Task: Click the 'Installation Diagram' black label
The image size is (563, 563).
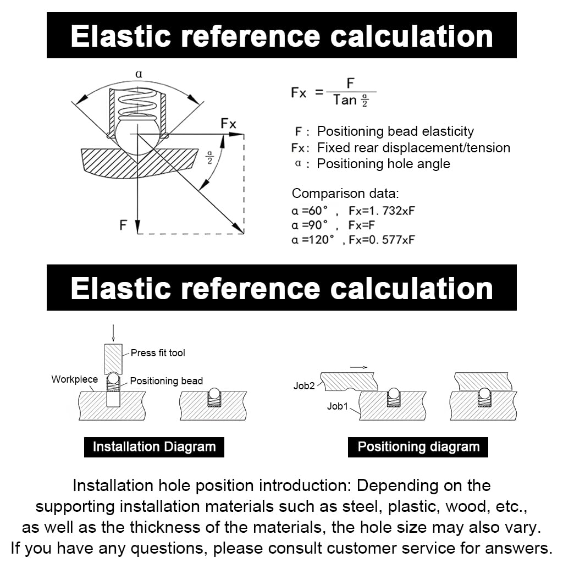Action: [x=154, y=446]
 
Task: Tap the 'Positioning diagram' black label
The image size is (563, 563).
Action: [x=418, y=446]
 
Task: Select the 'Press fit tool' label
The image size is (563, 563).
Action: [x=158, y=353]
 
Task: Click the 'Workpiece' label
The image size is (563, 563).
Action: [x=74, y=379]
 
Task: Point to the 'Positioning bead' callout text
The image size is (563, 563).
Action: [x=166, y=381]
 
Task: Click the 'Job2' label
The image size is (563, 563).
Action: [x=304, y=386]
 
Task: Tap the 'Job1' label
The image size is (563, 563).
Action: [x=338, y=406]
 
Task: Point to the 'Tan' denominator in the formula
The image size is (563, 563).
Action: [x=345, y=100]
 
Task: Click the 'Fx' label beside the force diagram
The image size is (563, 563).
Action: [x=228, y=124]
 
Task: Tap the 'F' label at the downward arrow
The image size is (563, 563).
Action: [x=124, y=225]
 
